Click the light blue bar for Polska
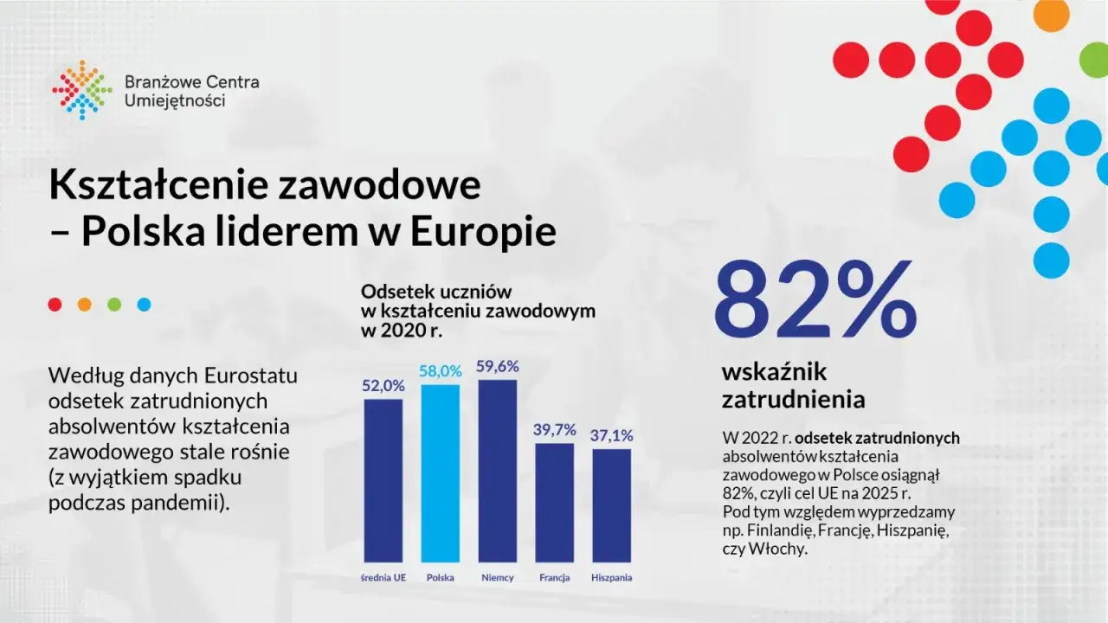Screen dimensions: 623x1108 (440, 473)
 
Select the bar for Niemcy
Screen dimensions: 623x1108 (497, 471)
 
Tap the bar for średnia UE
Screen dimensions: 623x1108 (383, 480)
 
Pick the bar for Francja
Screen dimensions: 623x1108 (554, 503)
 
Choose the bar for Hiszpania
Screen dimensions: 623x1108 (611, 505)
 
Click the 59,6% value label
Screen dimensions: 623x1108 (497, 367)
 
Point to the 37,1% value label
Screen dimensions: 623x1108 (611, 435)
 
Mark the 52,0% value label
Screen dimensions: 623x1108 (383, 386)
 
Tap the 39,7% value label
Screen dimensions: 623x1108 (554, 430)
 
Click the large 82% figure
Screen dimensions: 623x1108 (813, 300)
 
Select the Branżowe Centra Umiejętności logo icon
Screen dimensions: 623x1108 (82, 90)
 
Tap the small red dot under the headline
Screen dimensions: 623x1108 (55, 305)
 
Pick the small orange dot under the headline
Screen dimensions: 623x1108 (85, 305)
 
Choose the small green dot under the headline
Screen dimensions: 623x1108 (114, 305)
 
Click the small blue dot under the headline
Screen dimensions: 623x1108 (144, 305)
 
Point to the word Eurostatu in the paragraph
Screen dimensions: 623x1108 (250, 376)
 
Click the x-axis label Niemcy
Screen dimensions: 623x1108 (497, 578)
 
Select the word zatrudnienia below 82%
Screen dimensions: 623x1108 (793, 400)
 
